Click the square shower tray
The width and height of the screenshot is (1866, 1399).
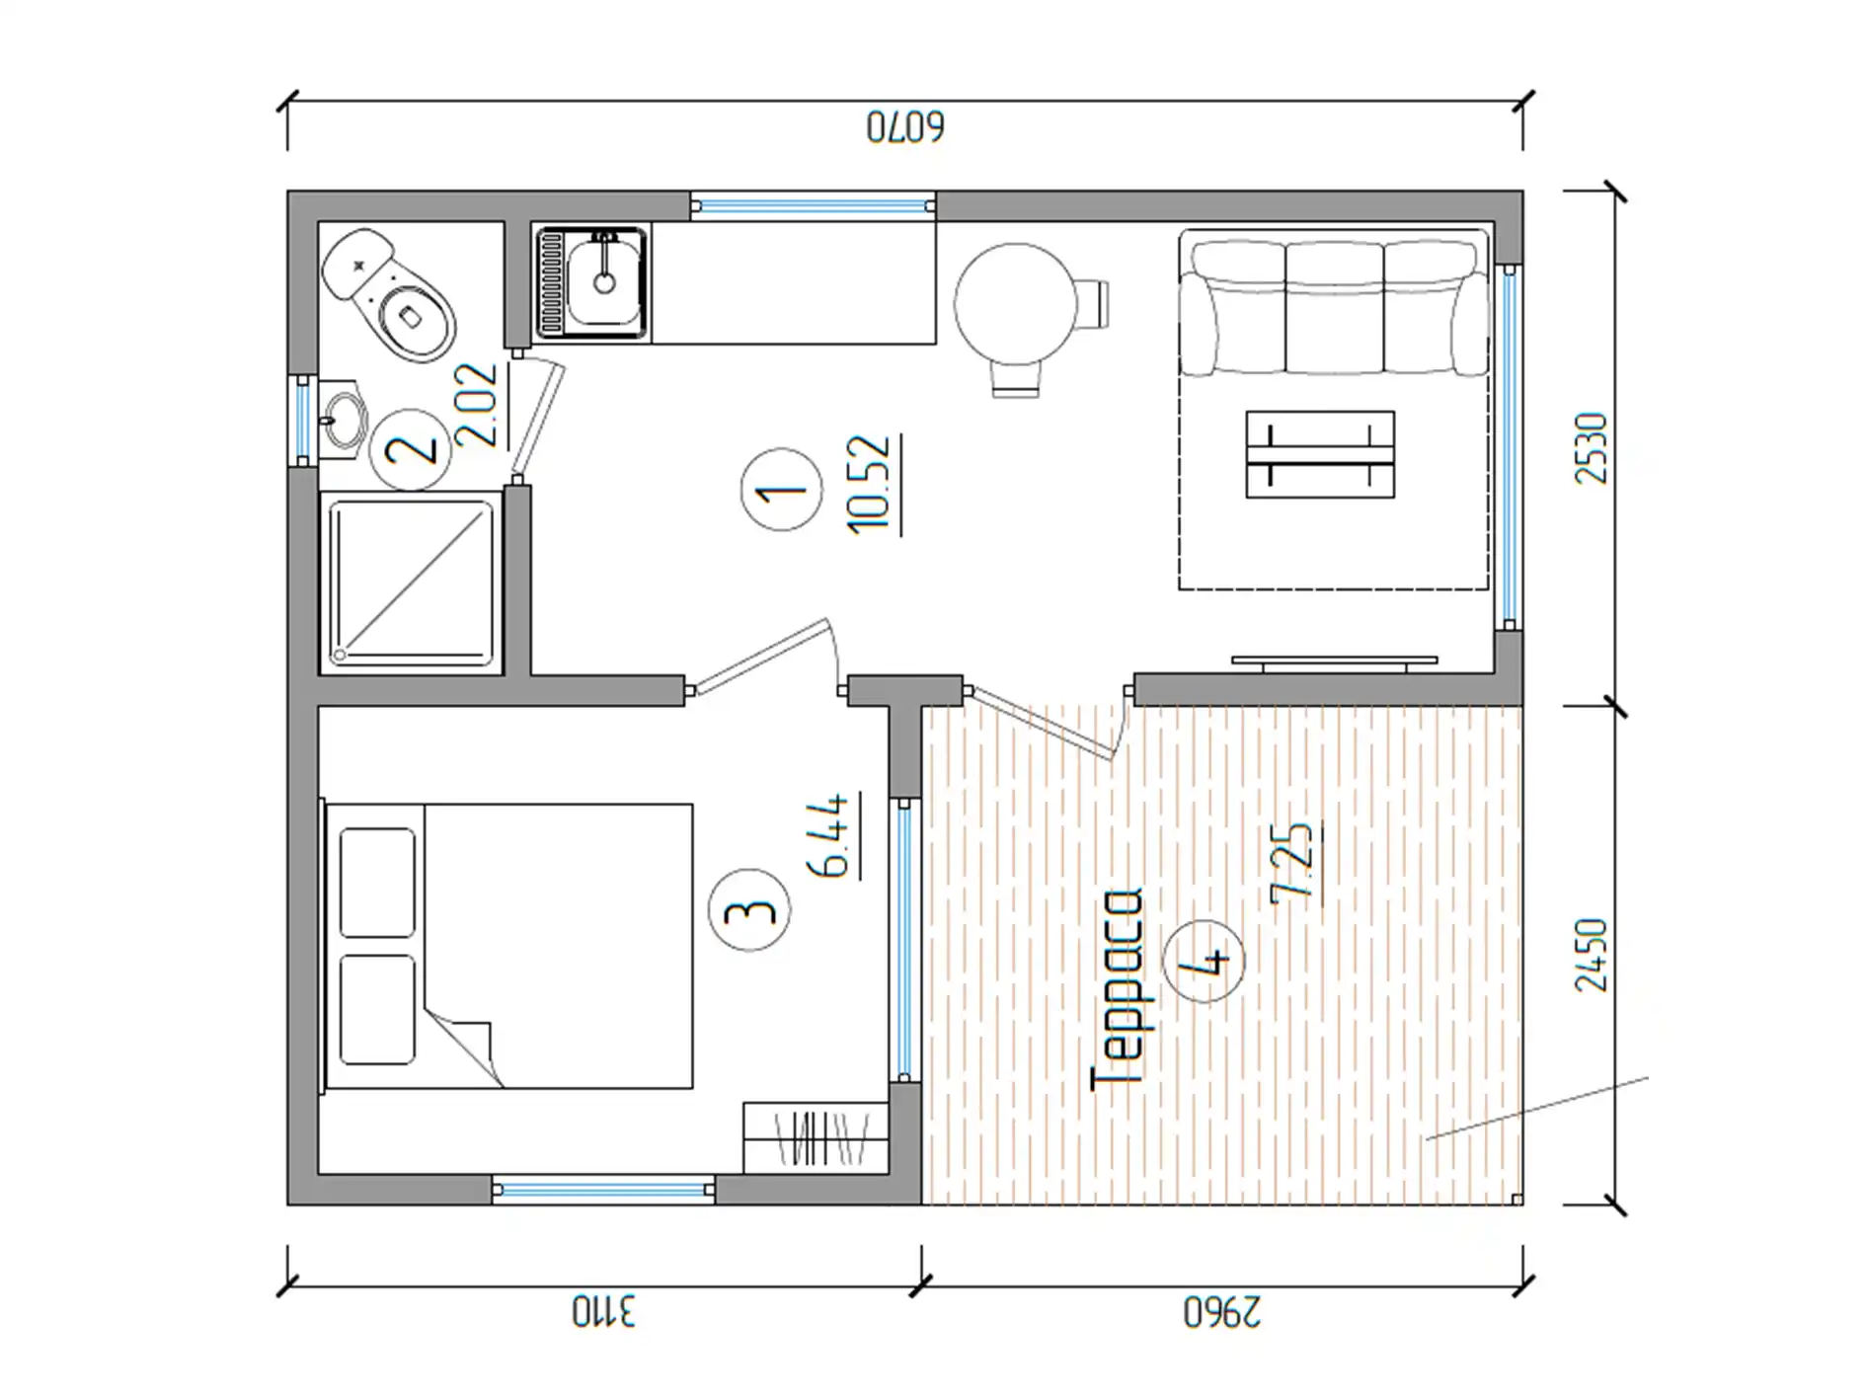coord(411,583)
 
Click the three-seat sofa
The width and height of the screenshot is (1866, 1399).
coord(1334,303)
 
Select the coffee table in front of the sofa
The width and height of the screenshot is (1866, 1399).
coord(1320,454)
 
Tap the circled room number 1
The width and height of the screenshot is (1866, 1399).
coord(781,490)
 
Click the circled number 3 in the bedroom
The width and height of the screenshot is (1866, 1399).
coord(750,909)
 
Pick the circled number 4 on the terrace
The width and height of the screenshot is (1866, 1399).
coord(1204,960)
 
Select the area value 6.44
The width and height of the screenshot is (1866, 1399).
coord(830,834)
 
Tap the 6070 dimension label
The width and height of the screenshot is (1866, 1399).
coord(905,127)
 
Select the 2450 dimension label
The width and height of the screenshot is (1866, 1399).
coord(1591,955)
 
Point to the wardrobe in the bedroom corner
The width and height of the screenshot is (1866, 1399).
coord(816,1137)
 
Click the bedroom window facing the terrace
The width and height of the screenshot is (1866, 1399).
coord(904,939)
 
